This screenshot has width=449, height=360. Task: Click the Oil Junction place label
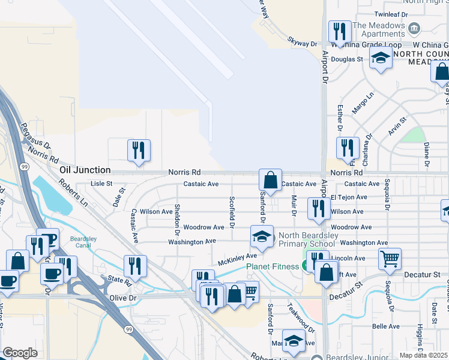(x=85, y=170)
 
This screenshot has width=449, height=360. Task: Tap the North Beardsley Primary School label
(x=307, y=239)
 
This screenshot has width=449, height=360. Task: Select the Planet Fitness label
(x=272, y=266)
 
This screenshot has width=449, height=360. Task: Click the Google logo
(x=20, y=353)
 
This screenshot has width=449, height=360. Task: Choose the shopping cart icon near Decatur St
(x=390, y=259)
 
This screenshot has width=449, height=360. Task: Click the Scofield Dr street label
(x=231, y=212)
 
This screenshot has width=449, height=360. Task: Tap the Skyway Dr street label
(x=302, y=44)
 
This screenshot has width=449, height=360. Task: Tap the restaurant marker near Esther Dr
(x=348, y=147)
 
